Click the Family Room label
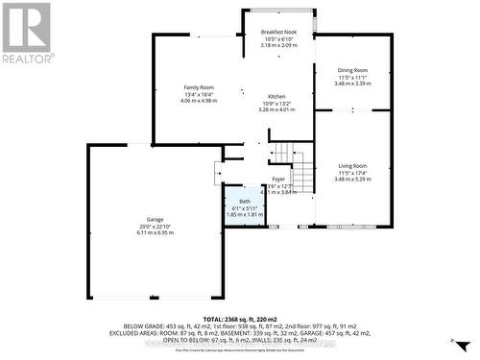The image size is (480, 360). [x=199, y=87]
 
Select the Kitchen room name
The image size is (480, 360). [x=276, y=98]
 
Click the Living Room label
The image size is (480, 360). [x=352, y=166]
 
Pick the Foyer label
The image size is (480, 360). [x=278, y=180]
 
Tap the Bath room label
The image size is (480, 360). [x=245, y=202]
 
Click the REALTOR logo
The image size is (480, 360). [x=26, y=33]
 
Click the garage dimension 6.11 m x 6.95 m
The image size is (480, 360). [x=155, y=232]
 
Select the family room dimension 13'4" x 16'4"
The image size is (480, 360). [x=199, y=94]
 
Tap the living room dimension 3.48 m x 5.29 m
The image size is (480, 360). [x=352, y=179]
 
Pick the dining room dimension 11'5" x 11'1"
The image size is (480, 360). [x=352, y=77]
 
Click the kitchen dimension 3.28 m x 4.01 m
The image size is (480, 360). [x=276, y=110]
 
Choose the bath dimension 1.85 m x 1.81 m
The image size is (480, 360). [x=245, y=214]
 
